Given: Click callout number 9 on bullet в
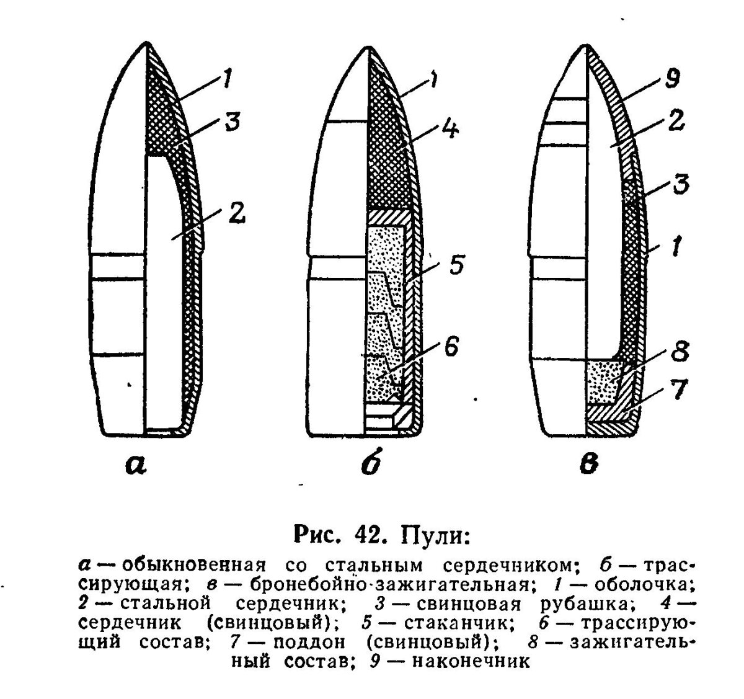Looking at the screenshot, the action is (673, 79).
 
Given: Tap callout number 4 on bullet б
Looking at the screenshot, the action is (450, 129).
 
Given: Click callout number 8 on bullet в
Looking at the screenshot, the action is (680, 351).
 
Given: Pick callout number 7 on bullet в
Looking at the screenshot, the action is (679, 390).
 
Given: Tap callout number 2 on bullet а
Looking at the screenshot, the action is (236, 213).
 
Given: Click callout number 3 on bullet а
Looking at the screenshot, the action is (232, 121).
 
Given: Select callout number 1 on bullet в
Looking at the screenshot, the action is (676, 246).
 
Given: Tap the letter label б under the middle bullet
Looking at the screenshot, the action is (371, 461).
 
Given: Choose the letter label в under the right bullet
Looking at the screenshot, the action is (588, 465).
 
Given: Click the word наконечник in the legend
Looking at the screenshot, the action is (471, 662).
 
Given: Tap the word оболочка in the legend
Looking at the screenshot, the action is (644, 584).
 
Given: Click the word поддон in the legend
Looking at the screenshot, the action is (309, 643).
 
